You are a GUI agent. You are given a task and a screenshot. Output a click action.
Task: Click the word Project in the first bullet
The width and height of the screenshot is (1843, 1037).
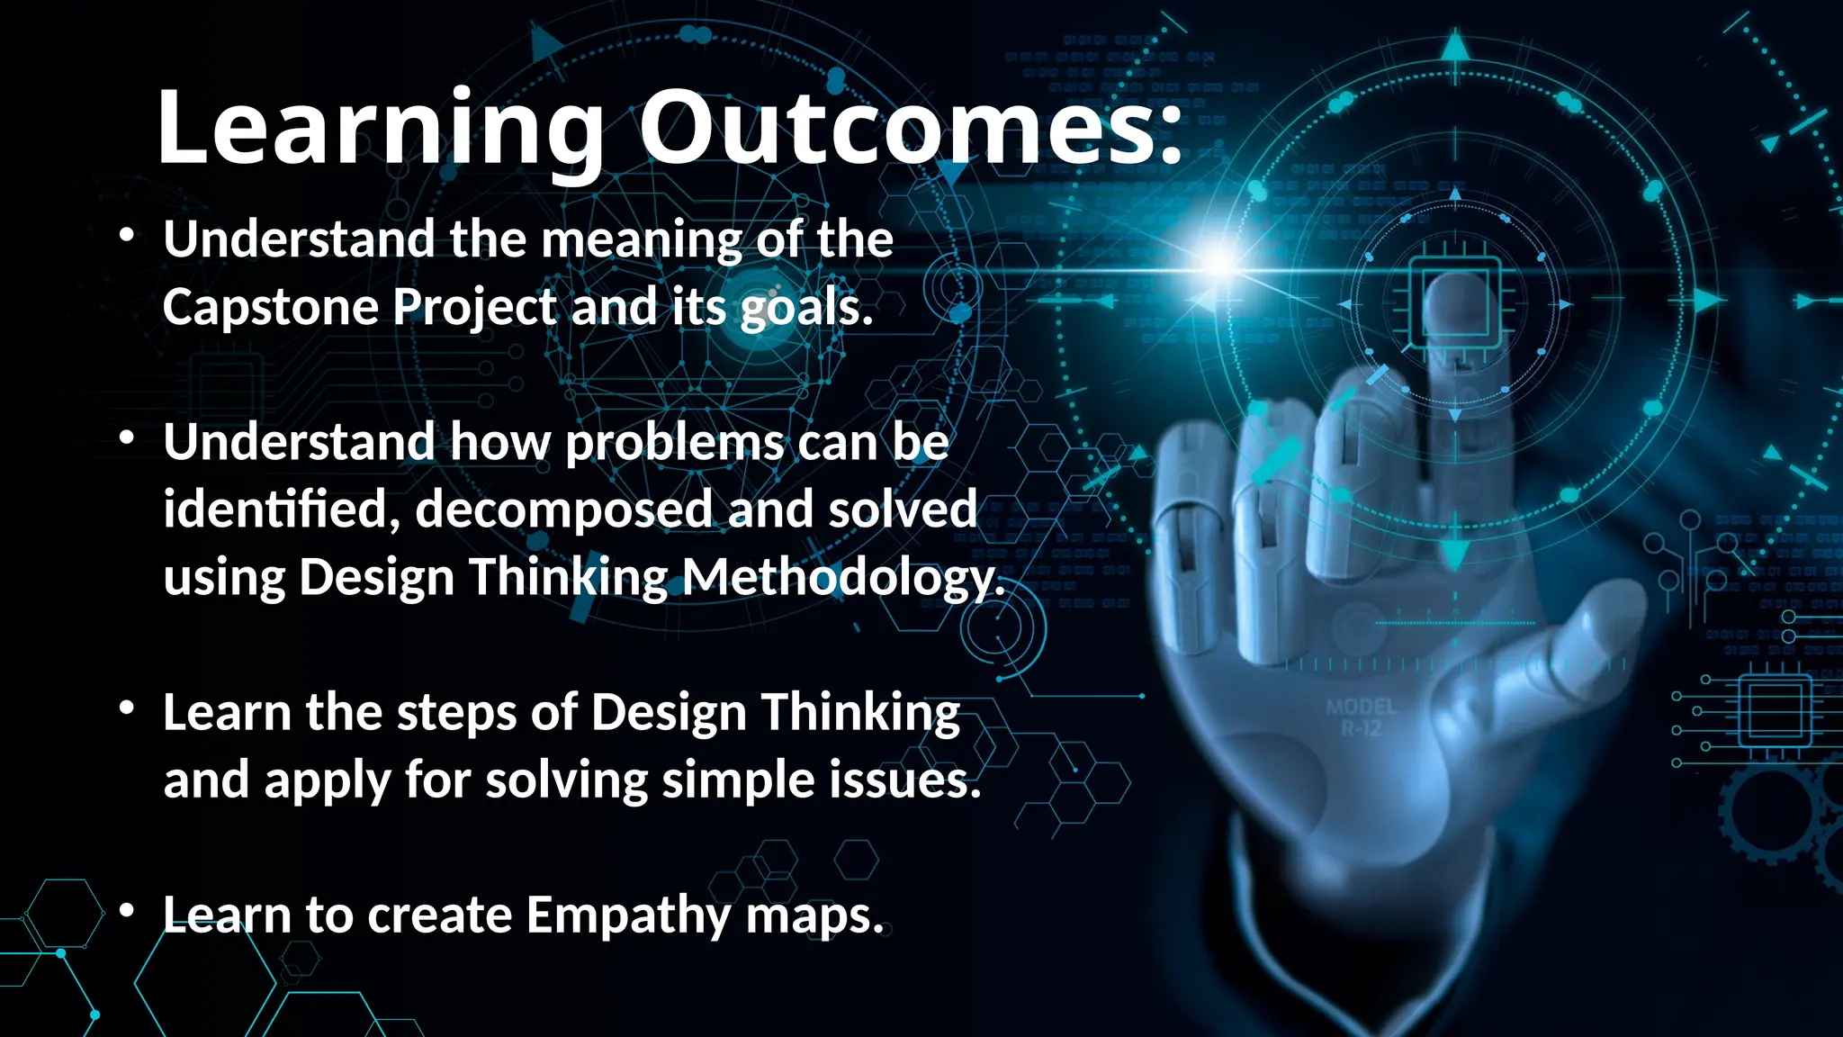(474, 307)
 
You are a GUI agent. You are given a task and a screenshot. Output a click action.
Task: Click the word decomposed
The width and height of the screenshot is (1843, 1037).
(564, 510)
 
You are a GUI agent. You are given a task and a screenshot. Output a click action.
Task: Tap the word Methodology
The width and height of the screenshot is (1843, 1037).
(842, 577)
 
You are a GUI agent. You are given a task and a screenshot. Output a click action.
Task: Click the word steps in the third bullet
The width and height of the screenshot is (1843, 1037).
(456, 713)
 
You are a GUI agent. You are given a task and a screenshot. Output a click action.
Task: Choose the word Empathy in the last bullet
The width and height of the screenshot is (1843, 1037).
(628, 916)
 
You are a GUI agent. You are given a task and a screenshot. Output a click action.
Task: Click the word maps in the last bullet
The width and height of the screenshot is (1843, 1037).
(814, 916)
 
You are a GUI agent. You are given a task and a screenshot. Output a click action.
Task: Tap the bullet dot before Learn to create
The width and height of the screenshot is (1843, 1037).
(127, 911)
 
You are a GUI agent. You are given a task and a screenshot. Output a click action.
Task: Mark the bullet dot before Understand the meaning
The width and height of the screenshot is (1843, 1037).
(127, 236)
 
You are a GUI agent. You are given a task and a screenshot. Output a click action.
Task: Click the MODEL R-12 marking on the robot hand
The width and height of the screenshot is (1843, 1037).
(1361, 717)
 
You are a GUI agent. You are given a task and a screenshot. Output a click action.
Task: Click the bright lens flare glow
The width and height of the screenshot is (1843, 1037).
(1218, 262)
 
